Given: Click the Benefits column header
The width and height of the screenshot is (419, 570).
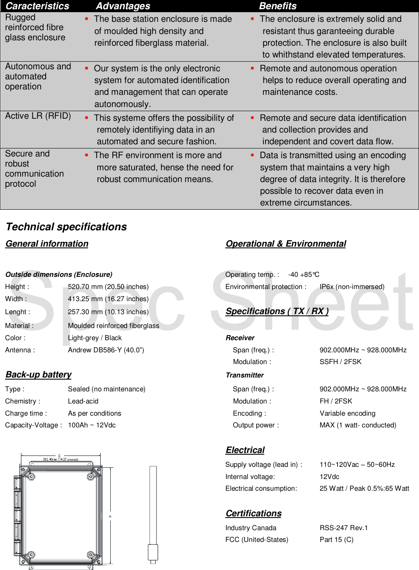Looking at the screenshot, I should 278,6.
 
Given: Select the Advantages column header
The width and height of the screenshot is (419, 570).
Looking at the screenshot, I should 123,6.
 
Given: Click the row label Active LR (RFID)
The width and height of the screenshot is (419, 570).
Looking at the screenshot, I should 38,116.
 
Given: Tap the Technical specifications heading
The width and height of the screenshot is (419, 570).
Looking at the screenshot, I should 66,227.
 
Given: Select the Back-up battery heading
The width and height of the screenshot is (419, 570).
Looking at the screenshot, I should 38,375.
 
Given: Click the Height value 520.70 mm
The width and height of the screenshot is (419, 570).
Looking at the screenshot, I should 108,287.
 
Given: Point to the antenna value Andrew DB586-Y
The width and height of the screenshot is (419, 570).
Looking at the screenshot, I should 106,350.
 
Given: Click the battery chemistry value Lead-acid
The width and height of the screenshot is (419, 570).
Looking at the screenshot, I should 83,401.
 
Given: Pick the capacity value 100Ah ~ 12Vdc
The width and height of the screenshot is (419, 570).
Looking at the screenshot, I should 91,425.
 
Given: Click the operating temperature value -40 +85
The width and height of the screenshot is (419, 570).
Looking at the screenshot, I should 304,275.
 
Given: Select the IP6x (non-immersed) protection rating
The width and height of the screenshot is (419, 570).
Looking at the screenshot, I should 352,287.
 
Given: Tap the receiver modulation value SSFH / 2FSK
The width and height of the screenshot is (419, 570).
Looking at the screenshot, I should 340,362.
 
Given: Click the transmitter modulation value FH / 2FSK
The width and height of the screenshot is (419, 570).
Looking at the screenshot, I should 336,401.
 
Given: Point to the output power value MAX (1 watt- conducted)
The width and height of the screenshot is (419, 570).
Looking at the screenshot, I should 358,425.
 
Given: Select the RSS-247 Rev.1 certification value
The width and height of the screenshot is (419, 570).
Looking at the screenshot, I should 344,528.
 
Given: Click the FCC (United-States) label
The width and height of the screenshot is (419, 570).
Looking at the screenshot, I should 257,540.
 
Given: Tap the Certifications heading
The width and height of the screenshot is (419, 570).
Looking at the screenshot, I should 253,514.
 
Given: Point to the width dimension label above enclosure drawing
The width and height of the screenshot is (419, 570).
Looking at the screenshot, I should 60,459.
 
